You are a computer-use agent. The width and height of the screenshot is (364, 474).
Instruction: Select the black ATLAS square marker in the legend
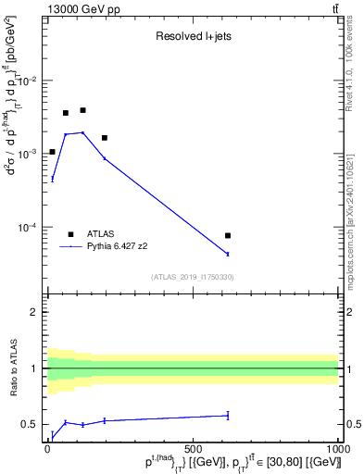(70, 234)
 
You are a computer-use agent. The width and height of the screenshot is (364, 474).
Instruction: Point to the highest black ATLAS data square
(82, 110)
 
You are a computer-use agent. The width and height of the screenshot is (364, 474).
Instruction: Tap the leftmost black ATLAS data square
(52, 152)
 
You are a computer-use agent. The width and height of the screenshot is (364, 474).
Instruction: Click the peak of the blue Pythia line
(82, 132)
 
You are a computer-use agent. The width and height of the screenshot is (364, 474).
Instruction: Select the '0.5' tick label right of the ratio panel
(351, 425)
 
